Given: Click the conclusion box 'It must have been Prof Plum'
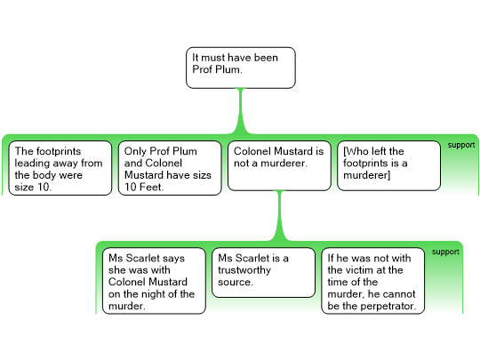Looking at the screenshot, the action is coord(241,68).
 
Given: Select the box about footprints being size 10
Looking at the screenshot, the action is coord(60,168).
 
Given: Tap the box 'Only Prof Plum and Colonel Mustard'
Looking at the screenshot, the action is coord(170,168).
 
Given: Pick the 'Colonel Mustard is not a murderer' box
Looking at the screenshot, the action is coord(279,165).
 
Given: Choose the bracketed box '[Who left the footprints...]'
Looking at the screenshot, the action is coord(388,165).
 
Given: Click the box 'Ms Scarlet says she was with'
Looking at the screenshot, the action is coord(154,281).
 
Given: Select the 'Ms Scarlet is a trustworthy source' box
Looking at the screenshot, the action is coord(264,273).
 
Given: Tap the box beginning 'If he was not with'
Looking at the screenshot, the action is coord(372,281).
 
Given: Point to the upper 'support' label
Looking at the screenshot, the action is coord(461,145).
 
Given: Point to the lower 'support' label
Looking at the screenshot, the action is coord(445,252).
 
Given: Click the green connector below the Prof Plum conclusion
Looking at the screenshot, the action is coord(241,111).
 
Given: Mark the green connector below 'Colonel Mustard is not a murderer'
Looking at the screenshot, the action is coord(279,215).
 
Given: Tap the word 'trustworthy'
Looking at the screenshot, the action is coord(244,270).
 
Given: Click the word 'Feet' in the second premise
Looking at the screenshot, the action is coord(151,187).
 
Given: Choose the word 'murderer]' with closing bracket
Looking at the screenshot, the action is coord(367,175).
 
